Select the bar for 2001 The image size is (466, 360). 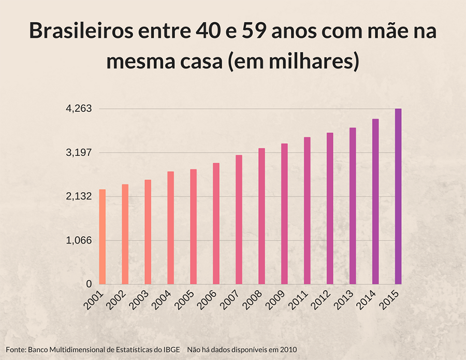click(x=103, y=237)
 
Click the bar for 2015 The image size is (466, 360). click(x=398, y=196)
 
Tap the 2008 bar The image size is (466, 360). click(x=261, y=216)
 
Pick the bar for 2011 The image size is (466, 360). click(x=307, y=210)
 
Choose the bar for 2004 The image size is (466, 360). click(x=170, y=227)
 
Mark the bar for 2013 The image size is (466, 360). click(x=353, y=206)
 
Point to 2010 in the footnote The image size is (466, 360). click(x=288, y=350)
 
